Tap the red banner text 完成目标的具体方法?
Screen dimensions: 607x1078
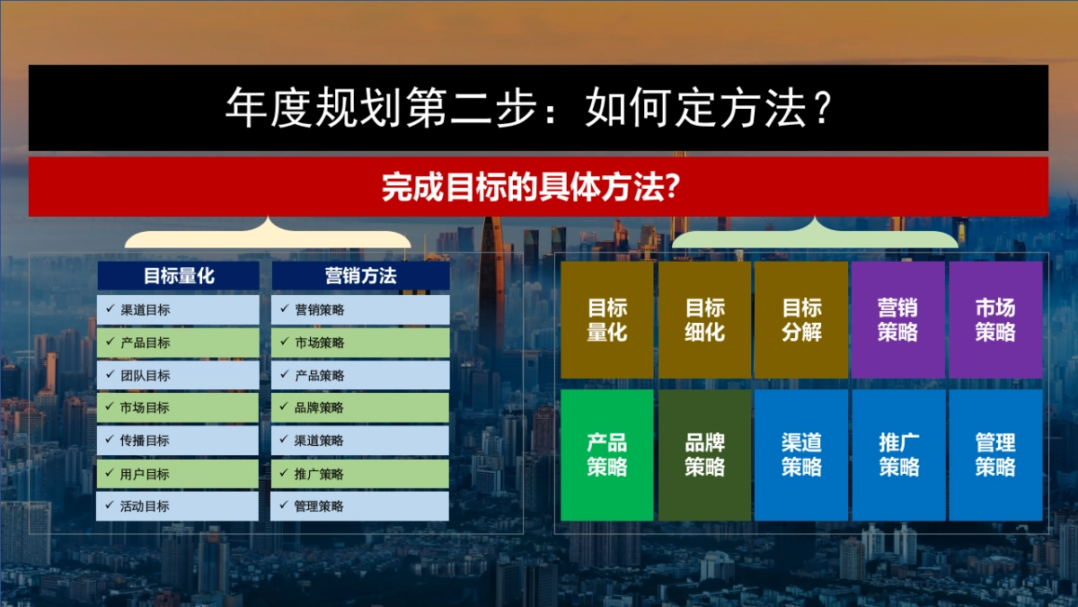coord(529,187)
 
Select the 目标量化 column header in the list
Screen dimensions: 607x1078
coord(178,276)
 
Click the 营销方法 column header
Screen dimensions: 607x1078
coord(360,276)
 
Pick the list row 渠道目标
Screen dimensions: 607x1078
coord(178,310)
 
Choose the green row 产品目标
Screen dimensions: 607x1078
coord(178,343)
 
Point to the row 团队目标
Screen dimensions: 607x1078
coord(178,375)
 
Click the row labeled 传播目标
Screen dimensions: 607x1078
coord(178,441)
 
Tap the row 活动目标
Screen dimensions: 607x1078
coord(178,506)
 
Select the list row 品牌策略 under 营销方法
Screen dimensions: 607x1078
coord(360,408)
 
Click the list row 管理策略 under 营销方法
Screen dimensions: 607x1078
coord(360,506)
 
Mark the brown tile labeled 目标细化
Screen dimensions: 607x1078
coord(704,320)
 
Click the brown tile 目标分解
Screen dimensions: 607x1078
coord(801,320)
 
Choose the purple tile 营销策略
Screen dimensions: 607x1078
coord(898,320)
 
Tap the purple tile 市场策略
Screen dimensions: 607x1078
coord(995,320)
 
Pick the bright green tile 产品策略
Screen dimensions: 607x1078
coord(607,455)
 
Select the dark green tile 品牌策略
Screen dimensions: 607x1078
coord(704,455)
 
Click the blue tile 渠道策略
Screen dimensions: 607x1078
coord(801,455)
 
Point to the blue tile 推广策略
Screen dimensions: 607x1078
coord(898,455)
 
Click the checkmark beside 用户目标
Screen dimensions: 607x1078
coord(109,473)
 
